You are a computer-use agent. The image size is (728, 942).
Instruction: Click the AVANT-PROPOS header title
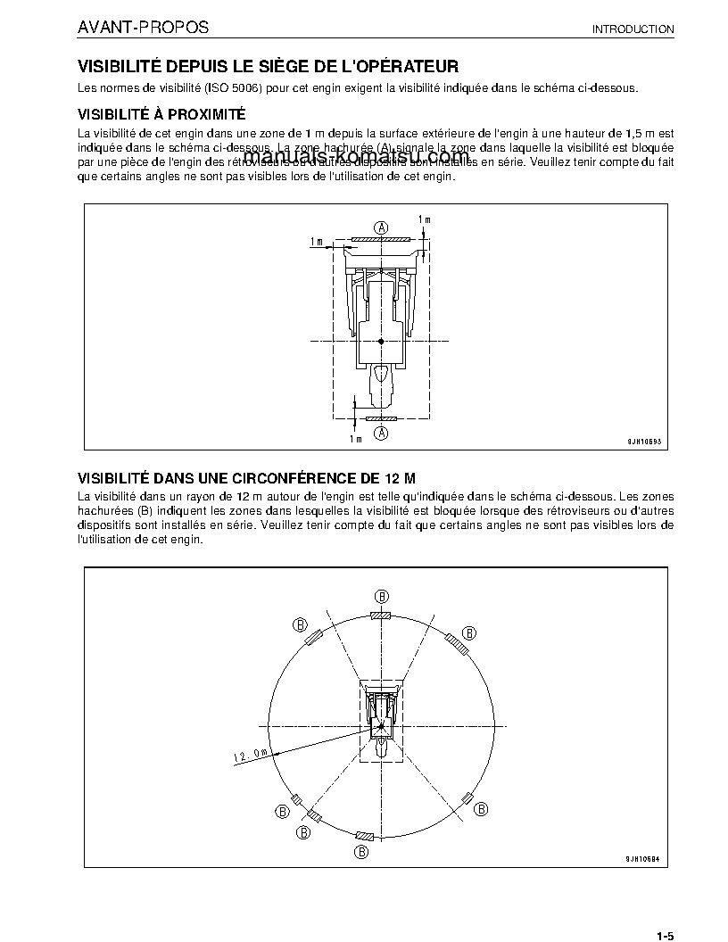(x=144, y=28)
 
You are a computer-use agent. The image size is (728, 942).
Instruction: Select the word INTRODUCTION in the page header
(x=633, y=29)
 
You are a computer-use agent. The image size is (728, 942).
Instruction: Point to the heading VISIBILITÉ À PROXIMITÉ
(x=161, y=114)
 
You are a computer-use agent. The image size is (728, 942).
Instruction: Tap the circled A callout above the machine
(x=381, y=227)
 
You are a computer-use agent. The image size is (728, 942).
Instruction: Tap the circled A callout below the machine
(x=381, y=433)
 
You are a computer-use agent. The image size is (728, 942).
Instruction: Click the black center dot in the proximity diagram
(x=381, y=342)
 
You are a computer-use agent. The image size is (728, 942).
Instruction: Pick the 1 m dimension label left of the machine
(x=317, y=242)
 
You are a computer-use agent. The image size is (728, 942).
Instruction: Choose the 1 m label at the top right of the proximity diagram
(x=425, y=219)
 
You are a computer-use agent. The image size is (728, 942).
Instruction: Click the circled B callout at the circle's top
(x=381, y=596)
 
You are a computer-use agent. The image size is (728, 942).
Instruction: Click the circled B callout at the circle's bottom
(x=361, y=852)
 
